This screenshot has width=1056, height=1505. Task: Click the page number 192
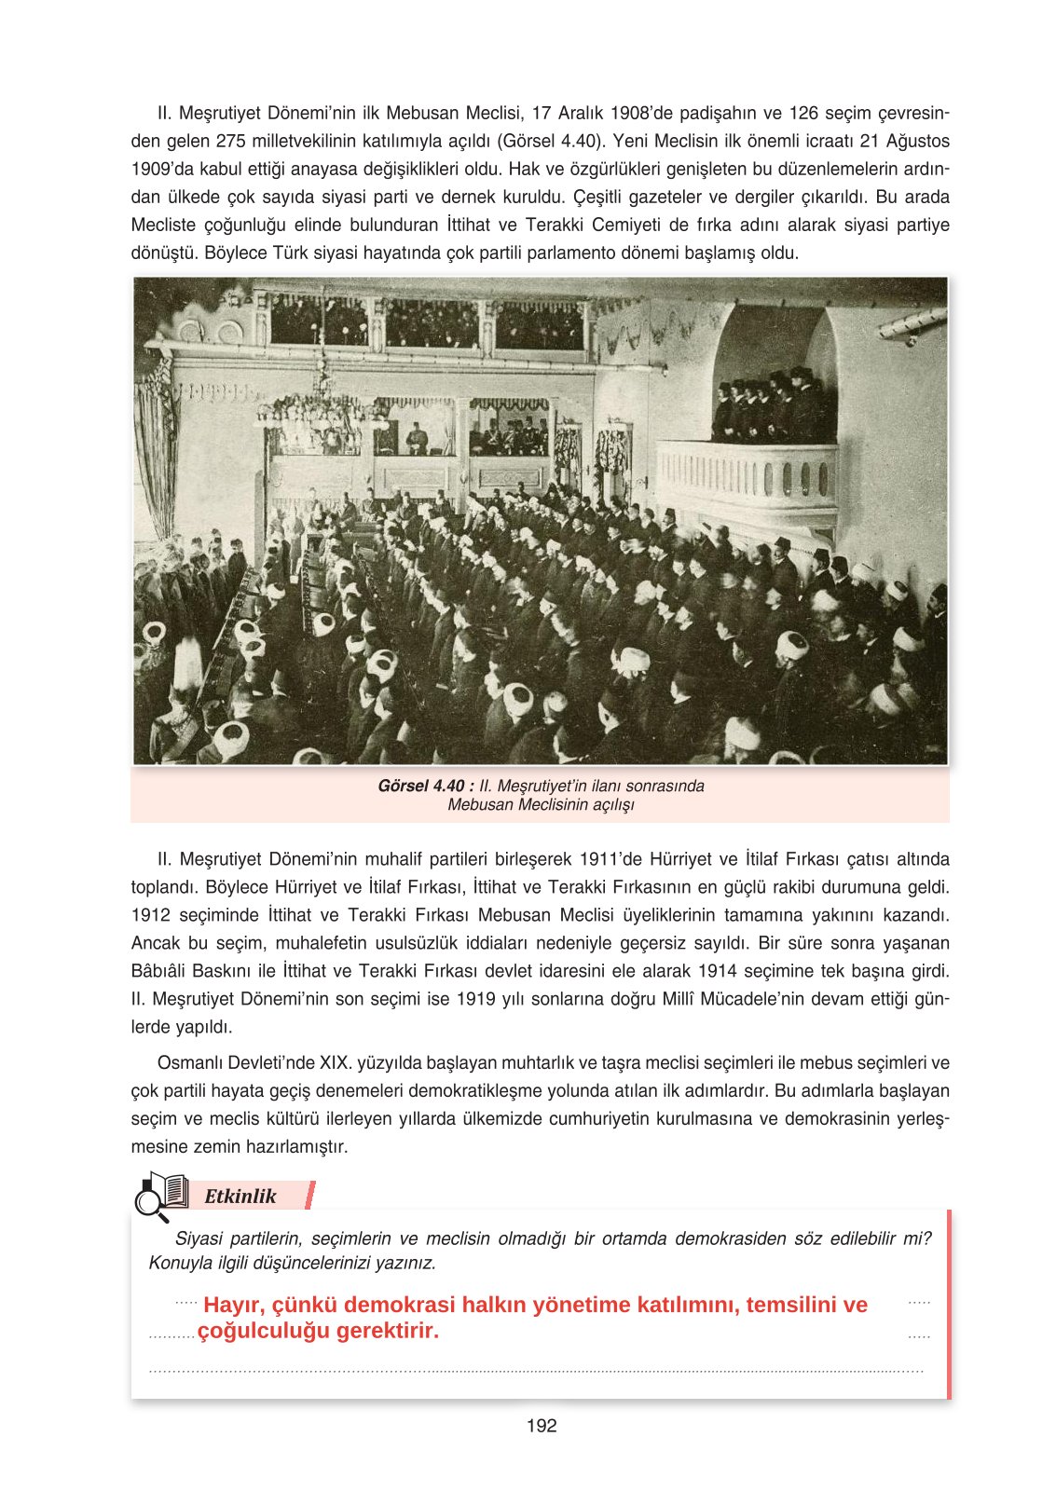click(542, 1426)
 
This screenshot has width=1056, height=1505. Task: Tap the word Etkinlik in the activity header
click(240, 1196)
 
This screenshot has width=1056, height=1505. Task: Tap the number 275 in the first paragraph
click(231, 142)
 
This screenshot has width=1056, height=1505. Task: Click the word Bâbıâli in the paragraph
click(161, 971)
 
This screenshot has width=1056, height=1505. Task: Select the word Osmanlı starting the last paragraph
click(188, 1063)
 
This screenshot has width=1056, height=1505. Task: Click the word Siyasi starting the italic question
click(199, 1238)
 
